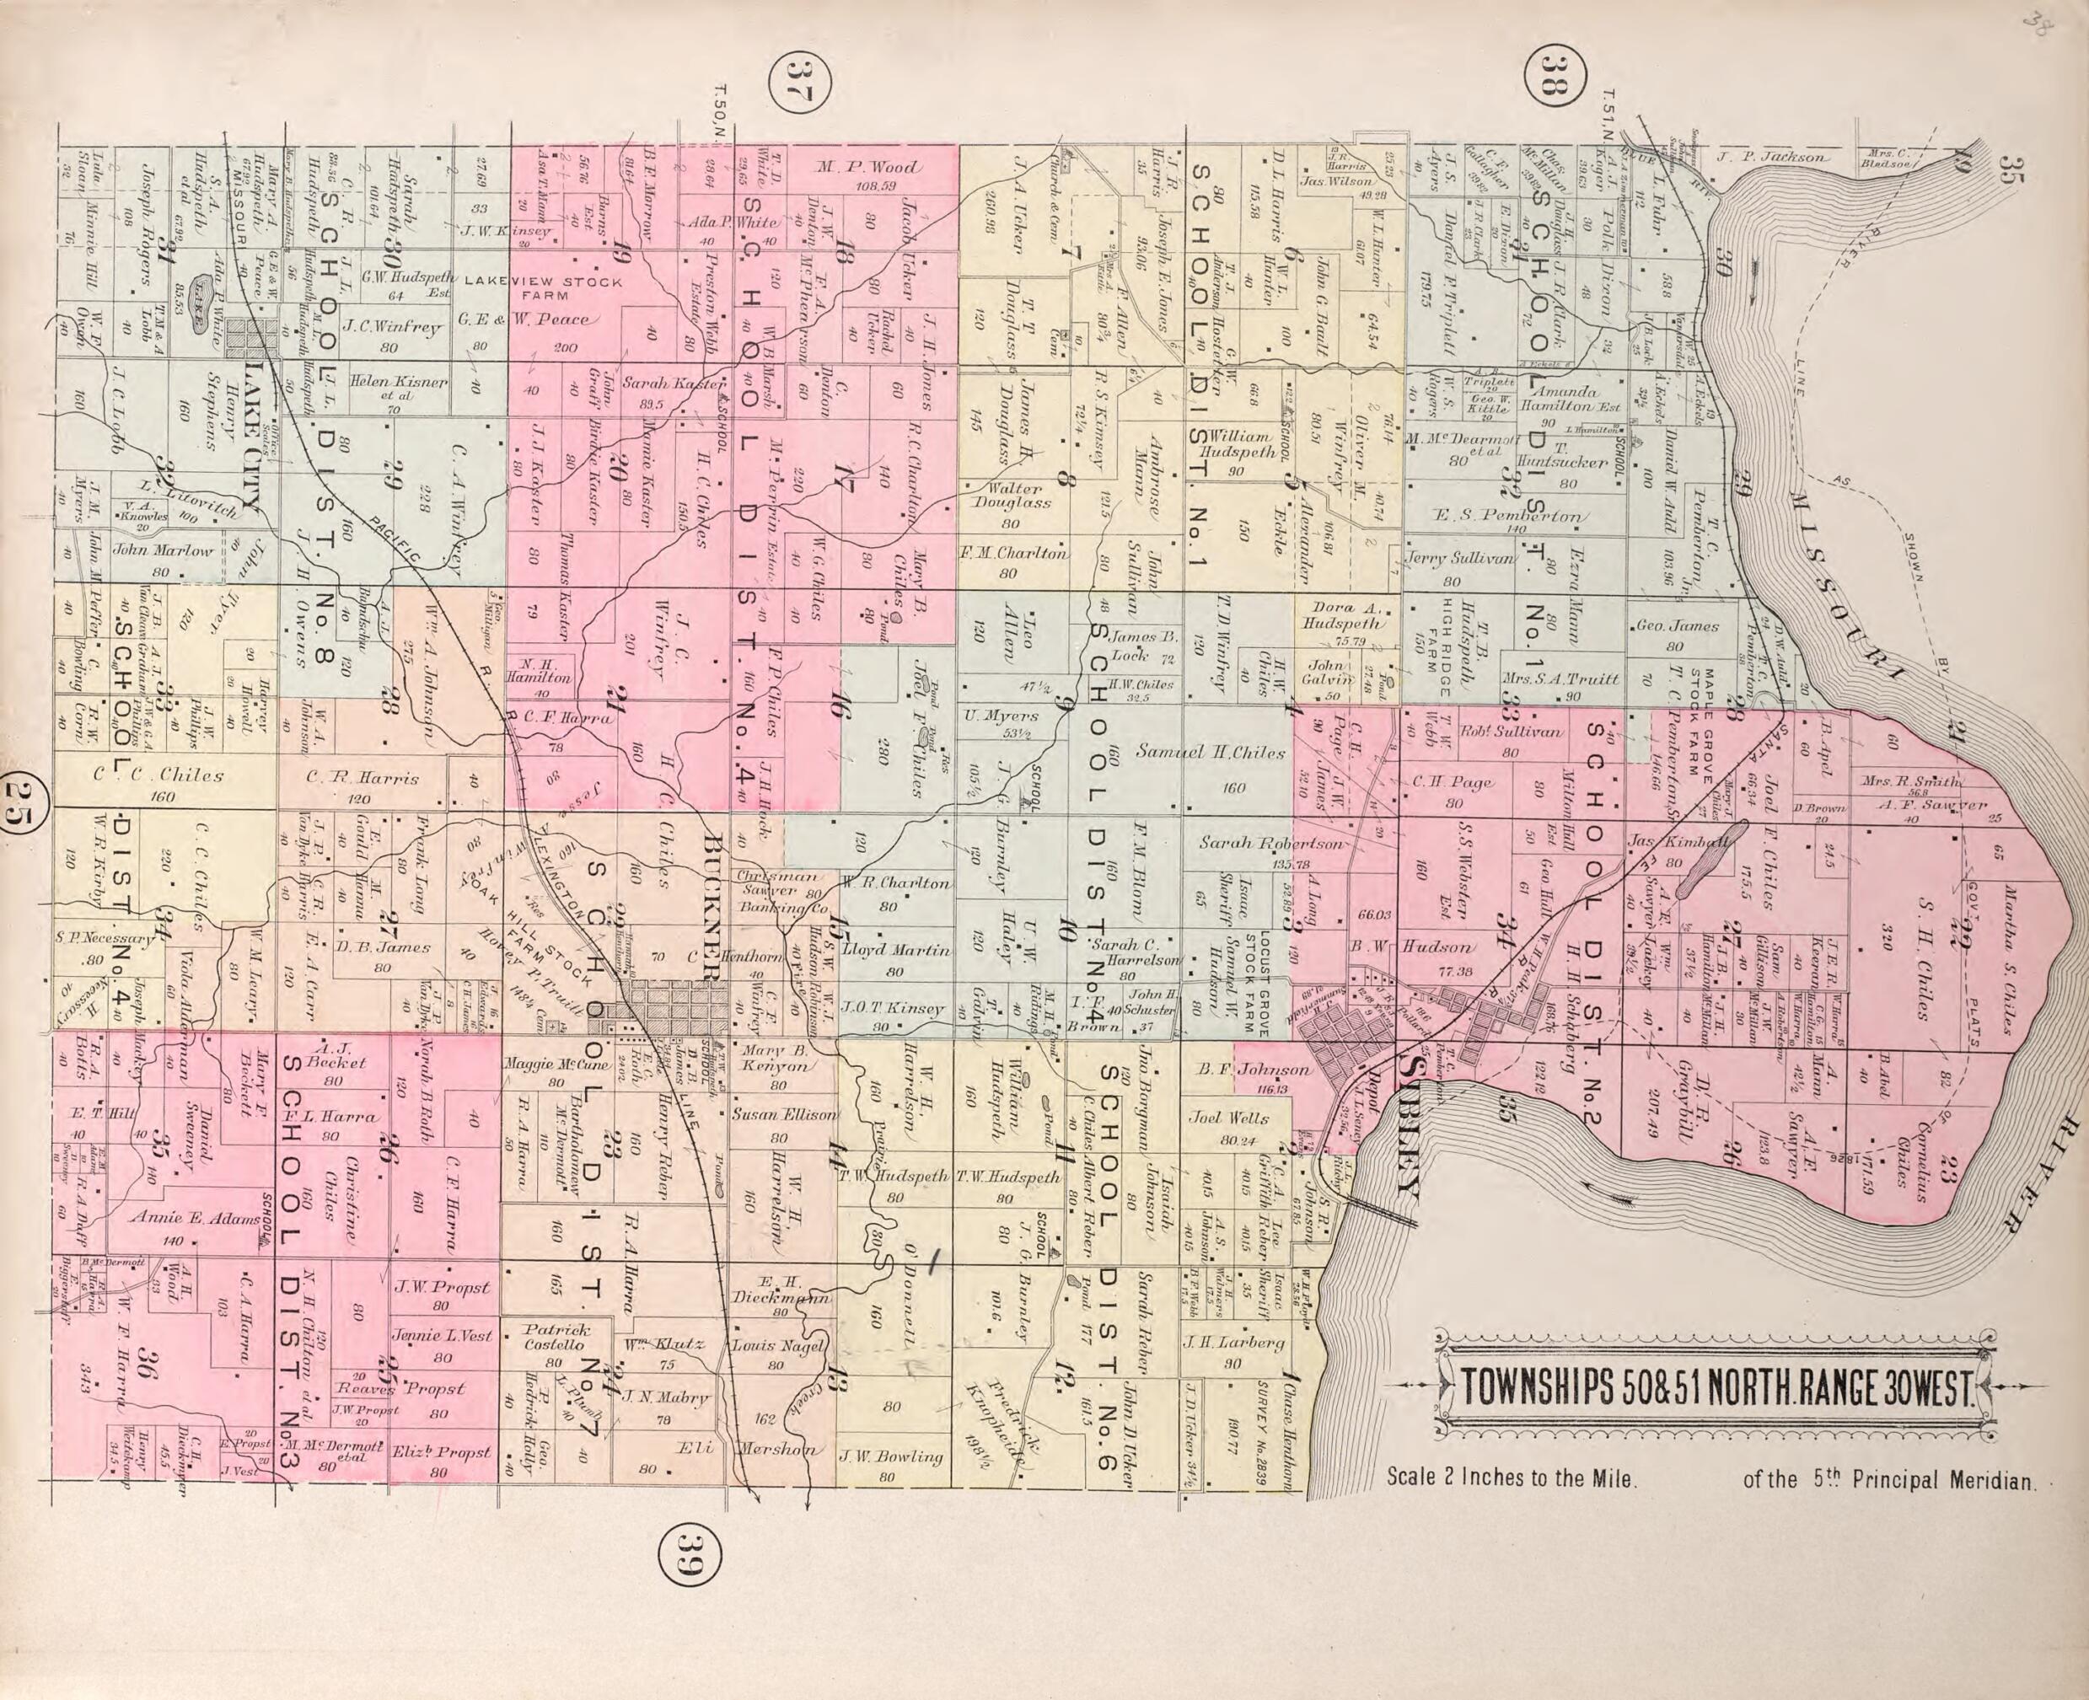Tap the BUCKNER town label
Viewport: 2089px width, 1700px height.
[712, 909]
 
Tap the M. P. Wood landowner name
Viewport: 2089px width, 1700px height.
[867, 168]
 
